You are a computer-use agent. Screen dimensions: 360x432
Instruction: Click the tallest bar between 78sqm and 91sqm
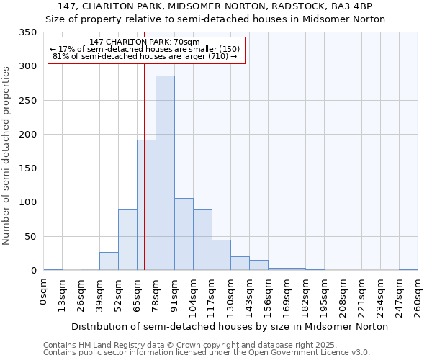coord(165,173)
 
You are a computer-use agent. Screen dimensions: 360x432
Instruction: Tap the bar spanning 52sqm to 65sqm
coord(127,240)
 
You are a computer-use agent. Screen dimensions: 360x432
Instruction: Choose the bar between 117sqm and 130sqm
coord(221,255)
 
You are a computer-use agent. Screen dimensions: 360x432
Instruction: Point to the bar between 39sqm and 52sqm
coord(109,261)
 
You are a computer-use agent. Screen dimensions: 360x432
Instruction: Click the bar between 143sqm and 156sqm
coord(258,265)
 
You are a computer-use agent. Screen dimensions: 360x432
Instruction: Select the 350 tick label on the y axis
coord(28,32)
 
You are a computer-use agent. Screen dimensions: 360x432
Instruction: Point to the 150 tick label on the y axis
coord(28,168)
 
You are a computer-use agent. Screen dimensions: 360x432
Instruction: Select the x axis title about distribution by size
coord(230,326)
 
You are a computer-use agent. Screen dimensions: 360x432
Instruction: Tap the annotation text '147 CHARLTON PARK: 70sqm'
coord(145,42)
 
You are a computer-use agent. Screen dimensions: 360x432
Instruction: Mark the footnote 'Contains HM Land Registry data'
coord(108,345)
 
